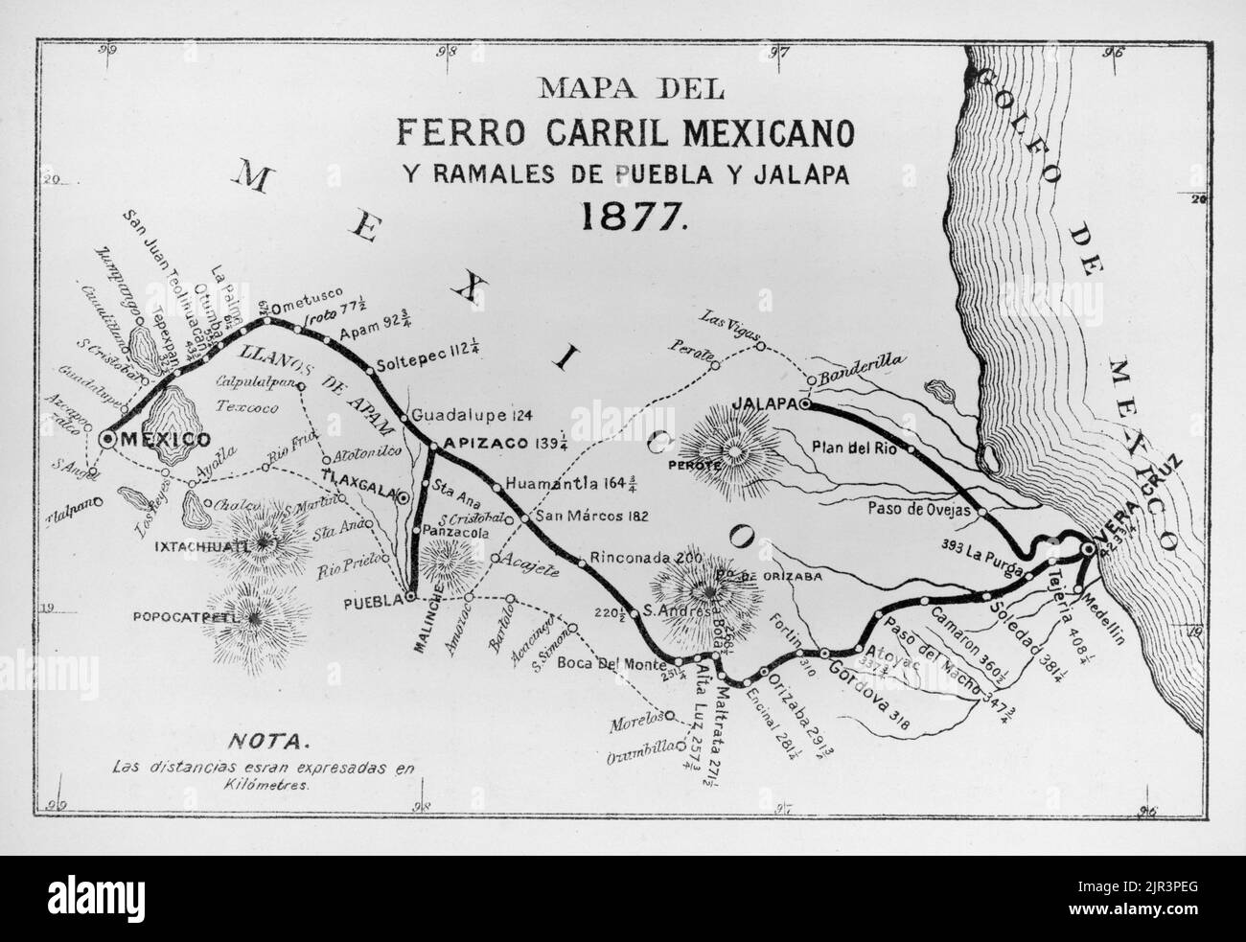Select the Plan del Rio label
(855, 446)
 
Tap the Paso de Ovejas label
(921, 510)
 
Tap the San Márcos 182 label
(591, 515)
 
